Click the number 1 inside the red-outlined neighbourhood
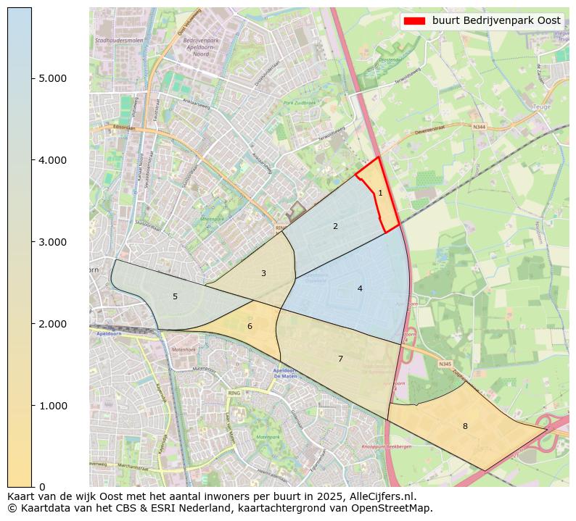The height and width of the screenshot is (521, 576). coord(380,193)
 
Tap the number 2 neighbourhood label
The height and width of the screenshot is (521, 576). coord(335,226)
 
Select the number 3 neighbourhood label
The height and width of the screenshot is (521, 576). coord(263,273)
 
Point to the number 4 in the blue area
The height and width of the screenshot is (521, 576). coord(360,288)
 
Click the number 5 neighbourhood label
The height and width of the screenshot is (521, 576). coord(175,296)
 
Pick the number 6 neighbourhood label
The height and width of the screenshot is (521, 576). coord(250,326)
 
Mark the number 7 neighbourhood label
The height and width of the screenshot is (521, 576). coord(340,359)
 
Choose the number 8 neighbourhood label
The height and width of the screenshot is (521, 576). coord(465,426)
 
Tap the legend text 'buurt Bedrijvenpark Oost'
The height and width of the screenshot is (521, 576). coord(496,21)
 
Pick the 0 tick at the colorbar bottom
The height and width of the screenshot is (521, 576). coord(42,487)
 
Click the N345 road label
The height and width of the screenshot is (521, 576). coord(445,364)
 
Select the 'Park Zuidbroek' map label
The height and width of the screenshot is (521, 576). coord(300,104)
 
